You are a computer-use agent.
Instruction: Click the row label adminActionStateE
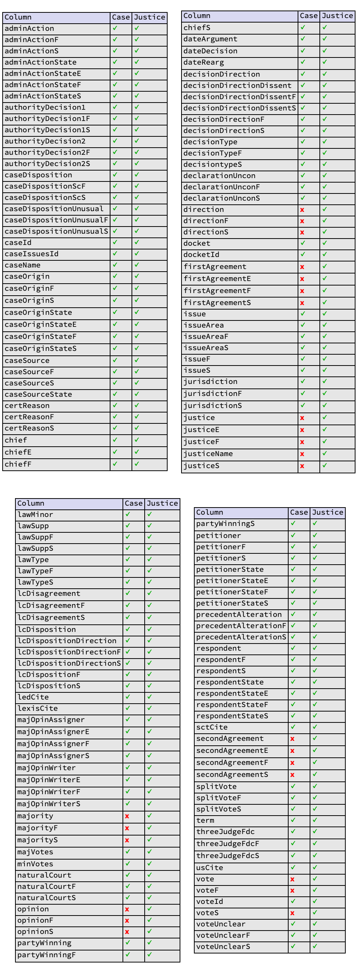pos(43,74)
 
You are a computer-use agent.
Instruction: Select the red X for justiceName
pos(302,454)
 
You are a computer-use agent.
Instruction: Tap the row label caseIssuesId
pos(32,254)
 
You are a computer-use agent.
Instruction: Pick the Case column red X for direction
pos(302,210)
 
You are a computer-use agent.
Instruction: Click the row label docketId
pos(201,255)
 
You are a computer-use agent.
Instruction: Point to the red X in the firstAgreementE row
pos(302,279)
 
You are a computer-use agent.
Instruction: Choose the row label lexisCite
pos(38,709)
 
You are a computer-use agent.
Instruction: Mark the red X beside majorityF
pos(127,828)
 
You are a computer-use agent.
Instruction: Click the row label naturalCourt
pos(44,875)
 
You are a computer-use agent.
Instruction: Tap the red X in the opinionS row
pos(127,932)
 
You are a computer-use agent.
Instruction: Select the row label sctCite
pos(212,727)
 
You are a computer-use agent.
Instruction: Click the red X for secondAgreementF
pos(292,763)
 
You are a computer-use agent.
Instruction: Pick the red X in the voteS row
pos(292,913)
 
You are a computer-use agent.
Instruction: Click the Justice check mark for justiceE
pos(325,429)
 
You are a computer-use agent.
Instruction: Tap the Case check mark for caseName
pos(115,265)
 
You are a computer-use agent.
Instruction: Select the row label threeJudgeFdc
pos(225,832)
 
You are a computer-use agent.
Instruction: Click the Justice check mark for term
pos(315,820)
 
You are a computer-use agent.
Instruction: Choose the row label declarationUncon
pos(219,176)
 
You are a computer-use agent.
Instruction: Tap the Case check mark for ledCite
pos(128,697)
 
